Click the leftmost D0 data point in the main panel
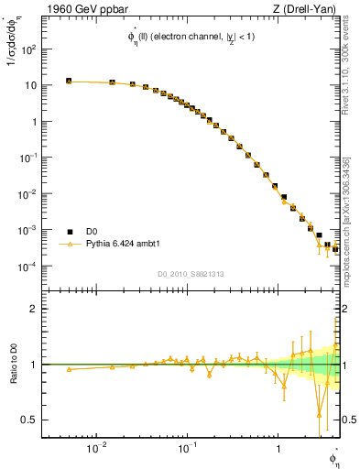tap(69, 81)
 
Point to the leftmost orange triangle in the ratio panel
tap(69, 369)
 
